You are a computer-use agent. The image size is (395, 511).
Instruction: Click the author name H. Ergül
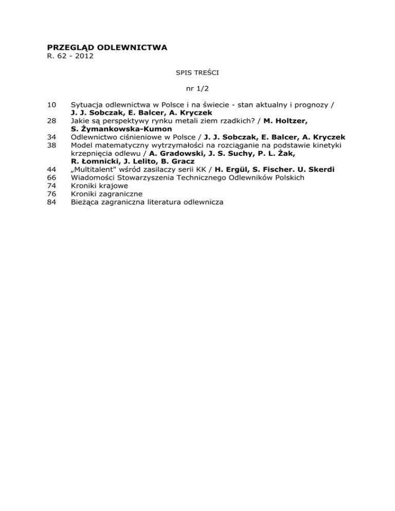(226, 169)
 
